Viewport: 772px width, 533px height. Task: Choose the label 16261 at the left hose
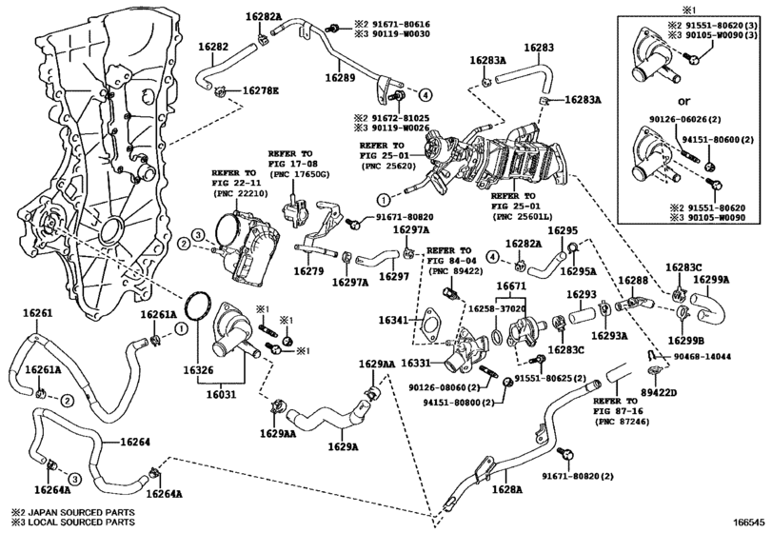pos(35,313)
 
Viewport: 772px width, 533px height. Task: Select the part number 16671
pos(511,286)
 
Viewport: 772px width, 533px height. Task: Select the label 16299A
pos(710,280)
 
